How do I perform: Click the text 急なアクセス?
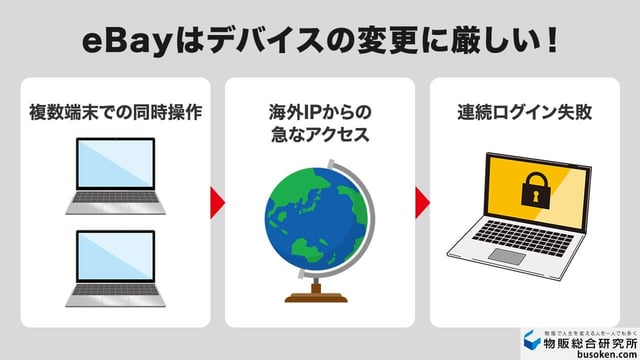(x=320, y=134)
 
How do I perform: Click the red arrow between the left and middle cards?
(x=218, y=201)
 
